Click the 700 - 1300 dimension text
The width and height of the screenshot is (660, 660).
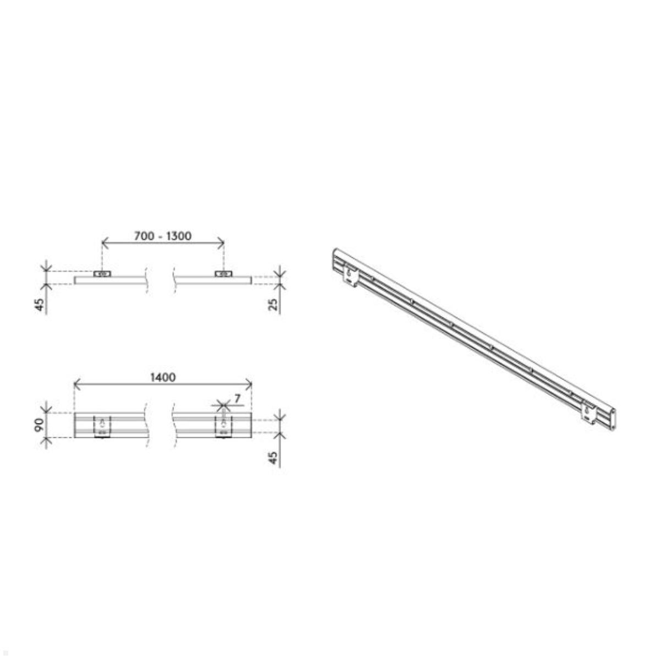pyautogui.click(x=163, y=236)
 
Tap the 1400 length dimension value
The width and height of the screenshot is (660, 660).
pyautogui.click(x=163, y=377)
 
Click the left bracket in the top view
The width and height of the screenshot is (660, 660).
pyautogui.click(x=102, y=273)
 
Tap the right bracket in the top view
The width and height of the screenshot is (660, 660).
pyautogui.click(x=223, y=273)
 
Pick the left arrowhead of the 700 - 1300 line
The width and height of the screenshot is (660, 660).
pyautogui.click(x=104, y=241)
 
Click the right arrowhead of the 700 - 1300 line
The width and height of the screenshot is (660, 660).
pyautogui.click(x=222, y=241)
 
